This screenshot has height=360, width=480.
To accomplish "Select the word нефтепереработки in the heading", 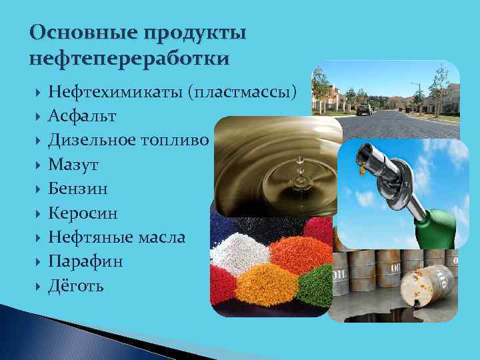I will [x=129, y=59].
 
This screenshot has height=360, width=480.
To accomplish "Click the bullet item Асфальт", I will [x=82, y=116].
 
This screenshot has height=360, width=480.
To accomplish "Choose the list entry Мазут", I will [x=73, y=165].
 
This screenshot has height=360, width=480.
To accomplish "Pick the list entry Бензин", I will [x=78, y=189].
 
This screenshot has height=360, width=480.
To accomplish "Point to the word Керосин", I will [x=83, y=213].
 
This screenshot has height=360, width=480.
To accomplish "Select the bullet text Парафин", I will [x=85, y=262].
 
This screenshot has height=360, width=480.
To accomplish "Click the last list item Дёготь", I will [x=76, y=286].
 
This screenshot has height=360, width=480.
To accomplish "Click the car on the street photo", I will [x=363, y=109].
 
